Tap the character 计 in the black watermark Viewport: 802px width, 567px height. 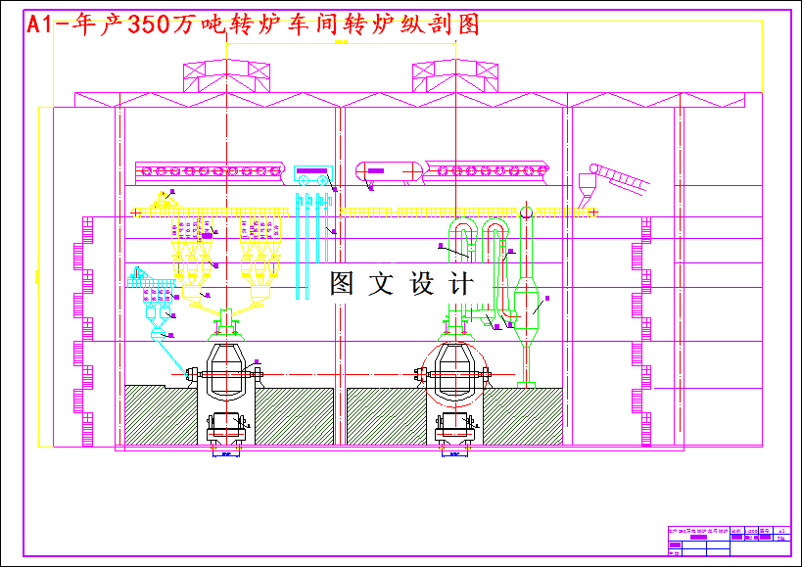pos(459,285)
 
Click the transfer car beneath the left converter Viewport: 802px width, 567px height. pos(227,428)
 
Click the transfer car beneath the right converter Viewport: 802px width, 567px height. pos(453,428)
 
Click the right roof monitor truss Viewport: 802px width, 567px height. pos(450,75)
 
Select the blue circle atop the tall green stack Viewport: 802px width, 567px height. pos(526,212)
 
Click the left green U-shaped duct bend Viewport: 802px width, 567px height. pos(458,231)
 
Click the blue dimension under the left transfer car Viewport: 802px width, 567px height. pos(226,454)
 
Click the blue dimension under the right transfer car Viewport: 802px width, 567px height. pos(453,454)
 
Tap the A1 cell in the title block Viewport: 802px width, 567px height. pos(780,529)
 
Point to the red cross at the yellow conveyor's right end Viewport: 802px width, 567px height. pos(593,211)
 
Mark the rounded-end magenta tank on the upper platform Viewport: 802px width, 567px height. pos(388,170)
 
